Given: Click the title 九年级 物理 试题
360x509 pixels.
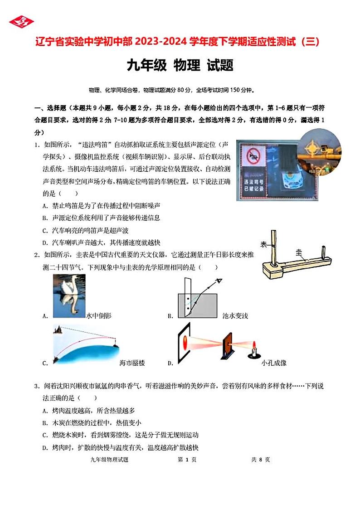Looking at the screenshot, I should point(180,66).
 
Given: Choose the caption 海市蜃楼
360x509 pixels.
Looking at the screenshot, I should point(132,363).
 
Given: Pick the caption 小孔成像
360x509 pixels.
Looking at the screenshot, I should point(274,363).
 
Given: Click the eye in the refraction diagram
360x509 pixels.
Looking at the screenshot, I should point(219,281).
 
